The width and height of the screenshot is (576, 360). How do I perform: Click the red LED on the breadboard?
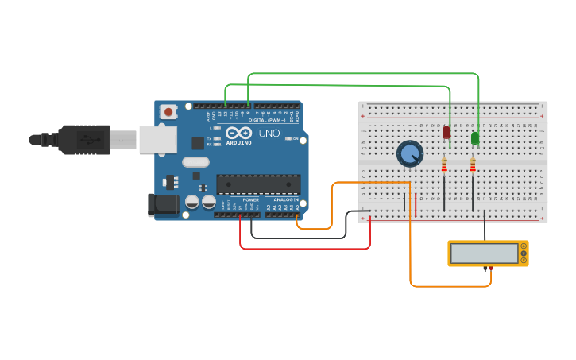point(446,132)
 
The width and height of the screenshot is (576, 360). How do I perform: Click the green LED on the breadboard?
point(475,137)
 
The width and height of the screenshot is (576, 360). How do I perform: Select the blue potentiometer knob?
point(410,153)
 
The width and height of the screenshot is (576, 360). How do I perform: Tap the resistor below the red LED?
point(444,165)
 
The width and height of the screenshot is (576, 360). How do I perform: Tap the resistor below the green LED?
point(473,165)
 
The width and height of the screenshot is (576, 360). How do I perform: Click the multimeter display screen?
point(484,254)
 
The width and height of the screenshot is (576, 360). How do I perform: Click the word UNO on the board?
point(269,134)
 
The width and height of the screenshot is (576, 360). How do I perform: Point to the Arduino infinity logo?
point(238,133)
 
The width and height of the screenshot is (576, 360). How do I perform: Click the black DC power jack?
point(164,204)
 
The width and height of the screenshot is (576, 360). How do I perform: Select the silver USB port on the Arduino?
point(157,140)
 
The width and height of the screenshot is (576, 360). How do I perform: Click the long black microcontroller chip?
point(258,184)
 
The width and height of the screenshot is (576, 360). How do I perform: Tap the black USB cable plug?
point(83,140)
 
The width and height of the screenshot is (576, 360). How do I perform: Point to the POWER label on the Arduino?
point(250,199)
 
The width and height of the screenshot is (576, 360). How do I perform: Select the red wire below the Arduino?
point(305,249)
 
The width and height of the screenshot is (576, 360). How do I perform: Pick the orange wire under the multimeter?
point(450,286)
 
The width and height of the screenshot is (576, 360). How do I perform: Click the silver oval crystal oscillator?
point(195,162)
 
